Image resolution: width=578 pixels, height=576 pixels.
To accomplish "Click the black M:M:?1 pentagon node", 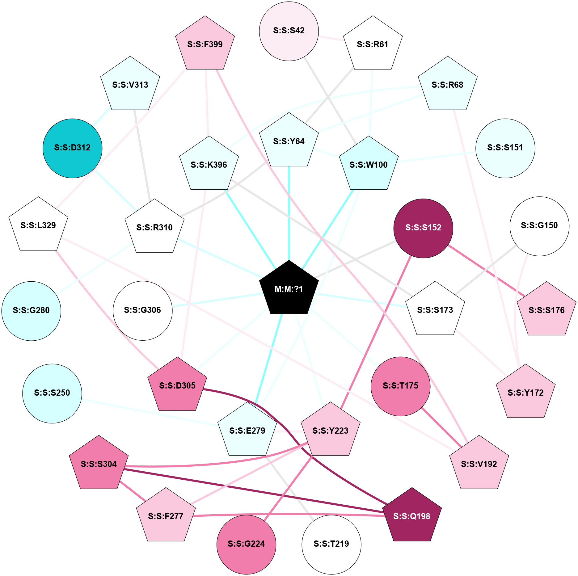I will pyautogui.click(x=289, y=289).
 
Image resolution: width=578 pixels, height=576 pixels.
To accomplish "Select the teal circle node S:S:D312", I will pyautogui.click(x=72, y=148).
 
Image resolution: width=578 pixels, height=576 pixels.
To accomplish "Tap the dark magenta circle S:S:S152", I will pyautogui.click(x=423, y=228).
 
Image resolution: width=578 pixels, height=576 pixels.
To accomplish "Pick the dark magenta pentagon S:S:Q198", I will pyautogui.click(x=412, y=516).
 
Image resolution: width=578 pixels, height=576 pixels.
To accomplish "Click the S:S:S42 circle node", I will pyautogui.click(x=289, y=31).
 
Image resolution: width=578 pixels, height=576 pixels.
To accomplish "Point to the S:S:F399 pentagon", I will pyautogui.click(x=205, y=44).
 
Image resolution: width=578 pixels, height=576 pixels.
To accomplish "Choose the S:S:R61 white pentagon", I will pyautogui.click(x=373, y=44).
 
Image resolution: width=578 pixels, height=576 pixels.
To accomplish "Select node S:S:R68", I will pyautogui.click(x=448, y=85).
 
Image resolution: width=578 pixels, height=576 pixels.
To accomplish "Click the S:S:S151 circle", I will pyautogui.click(x=505, y=148).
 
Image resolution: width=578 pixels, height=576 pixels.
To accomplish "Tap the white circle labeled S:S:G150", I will pyautogui.click(x=539, y=226).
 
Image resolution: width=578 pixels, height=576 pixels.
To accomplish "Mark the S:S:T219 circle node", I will pyautogui.click(x=331, y=544).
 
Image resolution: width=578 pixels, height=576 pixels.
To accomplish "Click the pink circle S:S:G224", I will pyautogui.click(x=246, y=544).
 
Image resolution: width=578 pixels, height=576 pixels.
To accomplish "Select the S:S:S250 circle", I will pyautogui.click(x=52, y=393).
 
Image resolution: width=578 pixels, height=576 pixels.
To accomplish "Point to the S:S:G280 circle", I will pyautogui.click(x=31, y=311).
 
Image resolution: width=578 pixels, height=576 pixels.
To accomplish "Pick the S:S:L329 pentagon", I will pyautogui.click(x=38, y=225).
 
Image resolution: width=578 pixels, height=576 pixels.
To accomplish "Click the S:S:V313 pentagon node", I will pyautogui.click(x=130, y=85).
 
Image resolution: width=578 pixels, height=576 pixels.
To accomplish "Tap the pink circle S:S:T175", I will pyautogui.click(x=400, y=386).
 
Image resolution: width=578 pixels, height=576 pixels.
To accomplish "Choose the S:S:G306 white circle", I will pyautogui.click(x=142, y=310).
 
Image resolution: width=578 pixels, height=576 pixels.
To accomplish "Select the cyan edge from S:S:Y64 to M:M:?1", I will pyautogui.click(x=289, y=213).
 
